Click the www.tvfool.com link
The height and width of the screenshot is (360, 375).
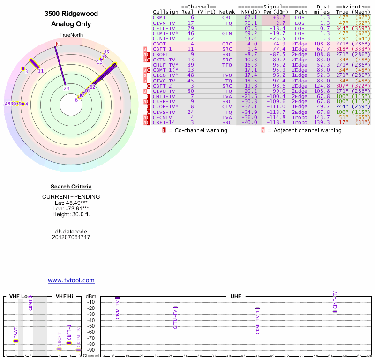(71, 280)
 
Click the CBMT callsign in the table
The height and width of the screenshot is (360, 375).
(160, 17)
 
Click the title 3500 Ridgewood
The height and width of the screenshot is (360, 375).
(71, 14)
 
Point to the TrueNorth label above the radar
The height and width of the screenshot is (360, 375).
(71, 35)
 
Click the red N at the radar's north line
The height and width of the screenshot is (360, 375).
(58, 44)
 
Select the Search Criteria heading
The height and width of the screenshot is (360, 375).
(71, 187)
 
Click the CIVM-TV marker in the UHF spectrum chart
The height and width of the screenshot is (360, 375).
(117, 298)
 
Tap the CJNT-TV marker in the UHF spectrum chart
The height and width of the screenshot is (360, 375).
(335, 311)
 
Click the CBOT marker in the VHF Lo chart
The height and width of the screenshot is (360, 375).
(15, 341)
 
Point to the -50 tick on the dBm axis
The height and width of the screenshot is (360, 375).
(92, 326)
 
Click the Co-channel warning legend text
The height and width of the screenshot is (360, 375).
(201, 130)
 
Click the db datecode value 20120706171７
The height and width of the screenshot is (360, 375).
(71, 237)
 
